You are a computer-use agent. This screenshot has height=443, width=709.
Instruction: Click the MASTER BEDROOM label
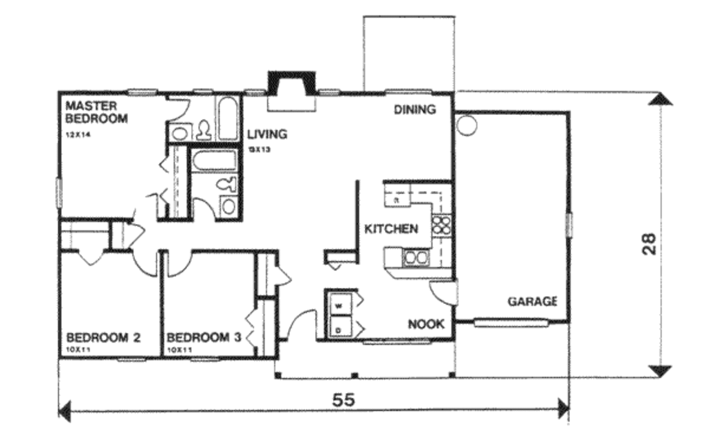click(96, 112)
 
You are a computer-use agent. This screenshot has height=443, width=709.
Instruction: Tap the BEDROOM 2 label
click(104, 338)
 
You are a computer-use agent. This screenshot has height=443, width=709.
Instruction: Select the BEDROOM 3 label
click(204, 338)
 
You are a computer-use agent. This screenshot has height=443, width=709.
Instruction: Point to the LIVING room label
click(267, 134)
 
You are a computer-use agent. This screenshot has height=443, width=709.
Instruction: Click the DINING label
click(415, 109)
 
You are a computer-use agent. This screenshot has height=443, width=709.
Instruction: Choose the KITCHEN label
click(391, 229)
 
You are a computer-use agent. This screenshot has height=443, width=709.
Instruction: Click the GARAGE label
click(532, 302)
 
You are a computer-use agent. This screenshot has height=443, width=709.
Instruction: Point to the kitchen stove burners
click(442, 224)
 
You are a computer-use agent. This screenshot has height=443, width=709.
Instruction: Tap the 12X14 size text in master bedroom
click(78, 134)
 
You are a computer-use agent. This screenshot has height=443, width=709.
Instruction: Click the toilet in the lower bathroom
click(224, 184)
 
